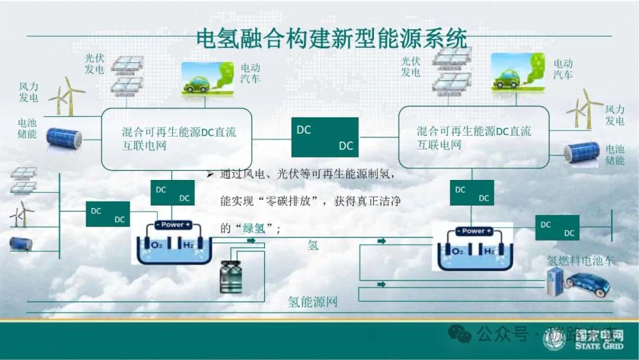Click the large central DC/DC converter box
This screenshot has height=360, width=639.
click(325, 137)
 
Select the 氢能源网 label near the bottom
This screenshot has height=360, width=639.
click(312, 302)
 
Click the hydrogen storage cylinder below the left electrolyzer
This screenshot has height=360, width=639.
click(231, 277)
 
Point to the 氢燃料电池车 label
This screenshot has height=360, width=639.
click(580, 261)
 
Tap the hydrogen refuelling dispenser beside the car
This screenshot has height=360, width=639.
click(555, 281)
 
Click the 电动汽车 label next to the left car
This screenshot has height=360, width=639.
click(250, 72)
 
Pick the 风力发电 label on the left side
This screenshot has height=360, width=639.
click(28, 92)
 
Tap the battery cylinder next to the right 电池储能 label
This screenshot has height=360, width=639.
click(582, 153)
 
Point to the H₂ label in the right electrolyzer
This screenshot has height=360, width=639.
click(489, 252)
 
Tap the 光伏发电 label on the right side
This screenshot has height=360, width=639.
click(411, 66)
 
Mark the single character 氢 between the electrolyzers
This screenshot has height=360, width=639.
click(313, 245)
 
